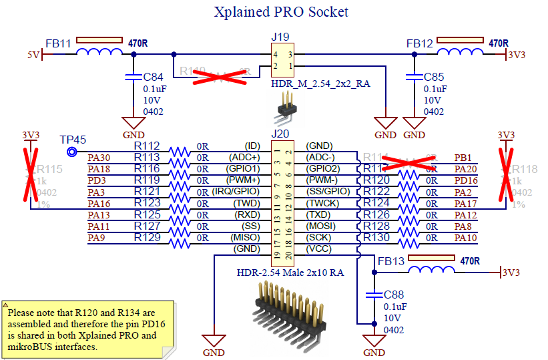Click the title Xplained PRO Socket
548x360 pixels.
click(x=280, y=12)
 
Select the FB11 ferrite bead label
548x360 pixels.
click(x=58, y=43)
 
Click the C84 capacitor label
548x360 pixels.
click(x=153, y=77)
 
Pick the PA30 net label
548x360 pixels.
click(x=99, y=158)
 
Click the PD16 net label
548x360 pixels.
click(x=465, y=180)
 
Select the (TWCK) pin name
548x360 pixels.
click(x=322, y=203)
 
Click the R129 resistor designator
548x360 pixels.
click(x=147, y=237)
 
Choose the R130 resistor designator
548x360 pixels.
click(x=376, y=238)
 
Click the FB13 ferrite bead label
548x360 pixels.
click(x=390, y=261)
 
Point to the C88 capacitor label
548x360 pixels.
click(x=394, y=295)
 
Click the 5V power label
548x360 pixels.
click(x=34, y=55)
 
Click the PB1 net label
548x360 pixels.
click(x=463, y=158)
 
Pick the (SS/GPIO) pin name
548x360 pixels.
click(x=327, y=192)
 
